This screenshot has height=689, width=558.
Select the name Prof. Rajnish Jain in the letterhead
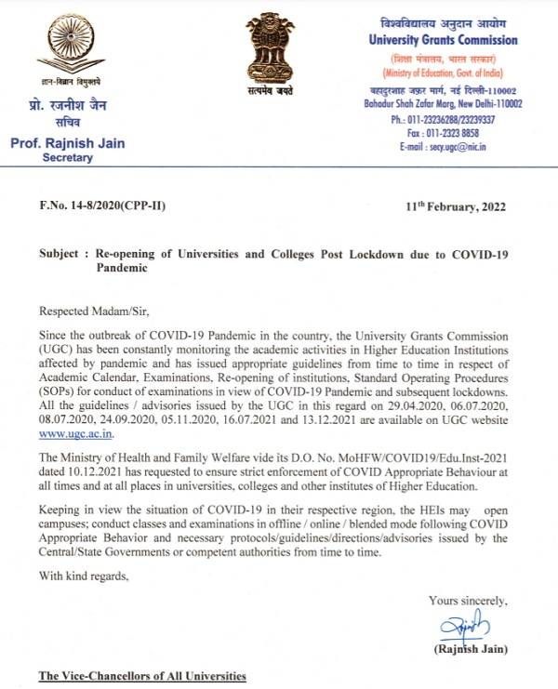(68, 142)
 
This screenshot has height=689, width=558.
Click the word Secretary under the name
(68, 158)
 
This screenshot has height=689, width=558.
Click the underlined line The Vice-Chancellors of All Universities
(142, 676)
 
